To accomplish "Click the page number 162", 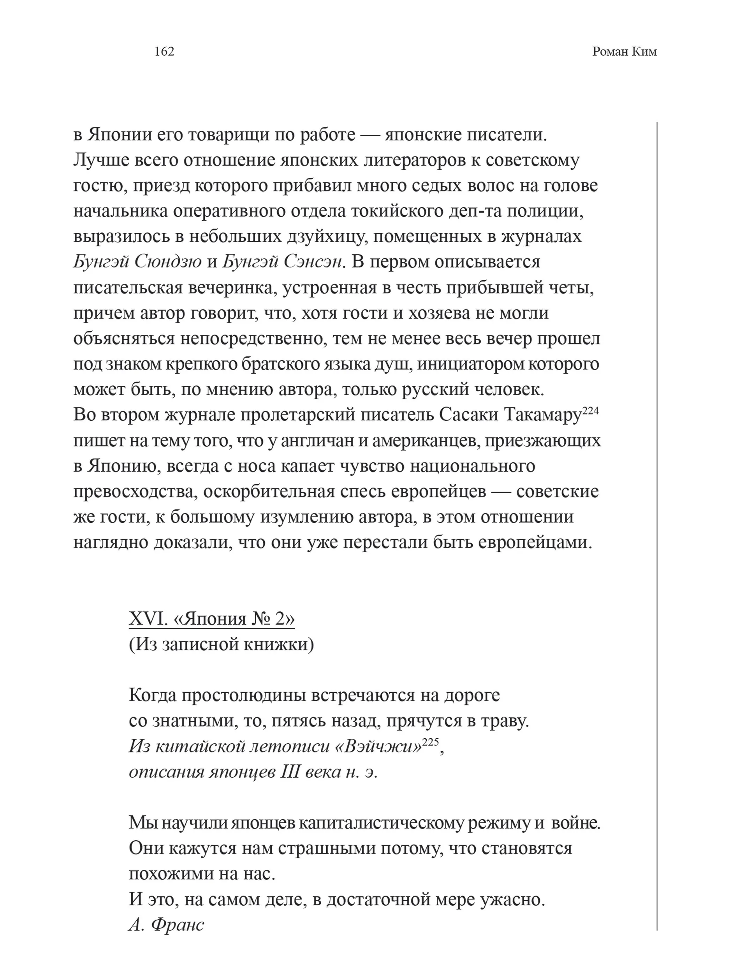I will pyautogui.click(x=164, y=52).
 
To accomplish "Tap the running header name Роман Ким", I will pyautogui.click(x=624, y=52).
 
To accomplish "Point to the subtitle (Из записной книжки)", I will pyautogui.click(x=221, y=644).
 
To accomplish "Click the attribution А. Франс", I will pyautogui.click(x=166, y=924).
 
